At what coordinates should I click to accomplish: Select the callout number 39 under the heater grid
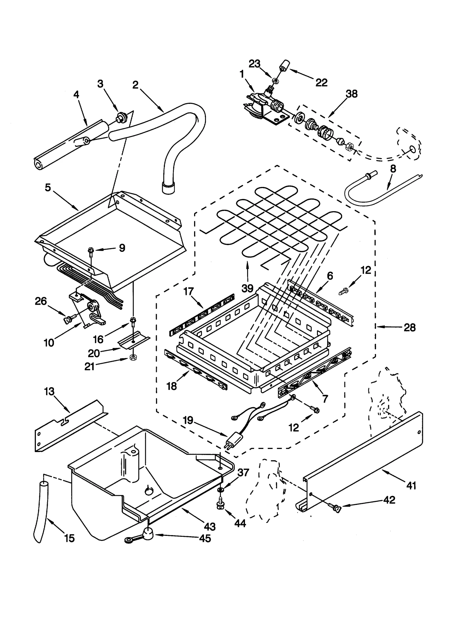[247, 288]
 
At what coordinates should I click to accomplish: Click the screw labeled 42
[335, 508]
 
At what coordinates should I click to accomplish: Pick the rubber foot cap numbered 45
[148, 532]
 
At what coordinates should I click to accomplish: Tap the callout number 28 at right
[410, 328]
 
